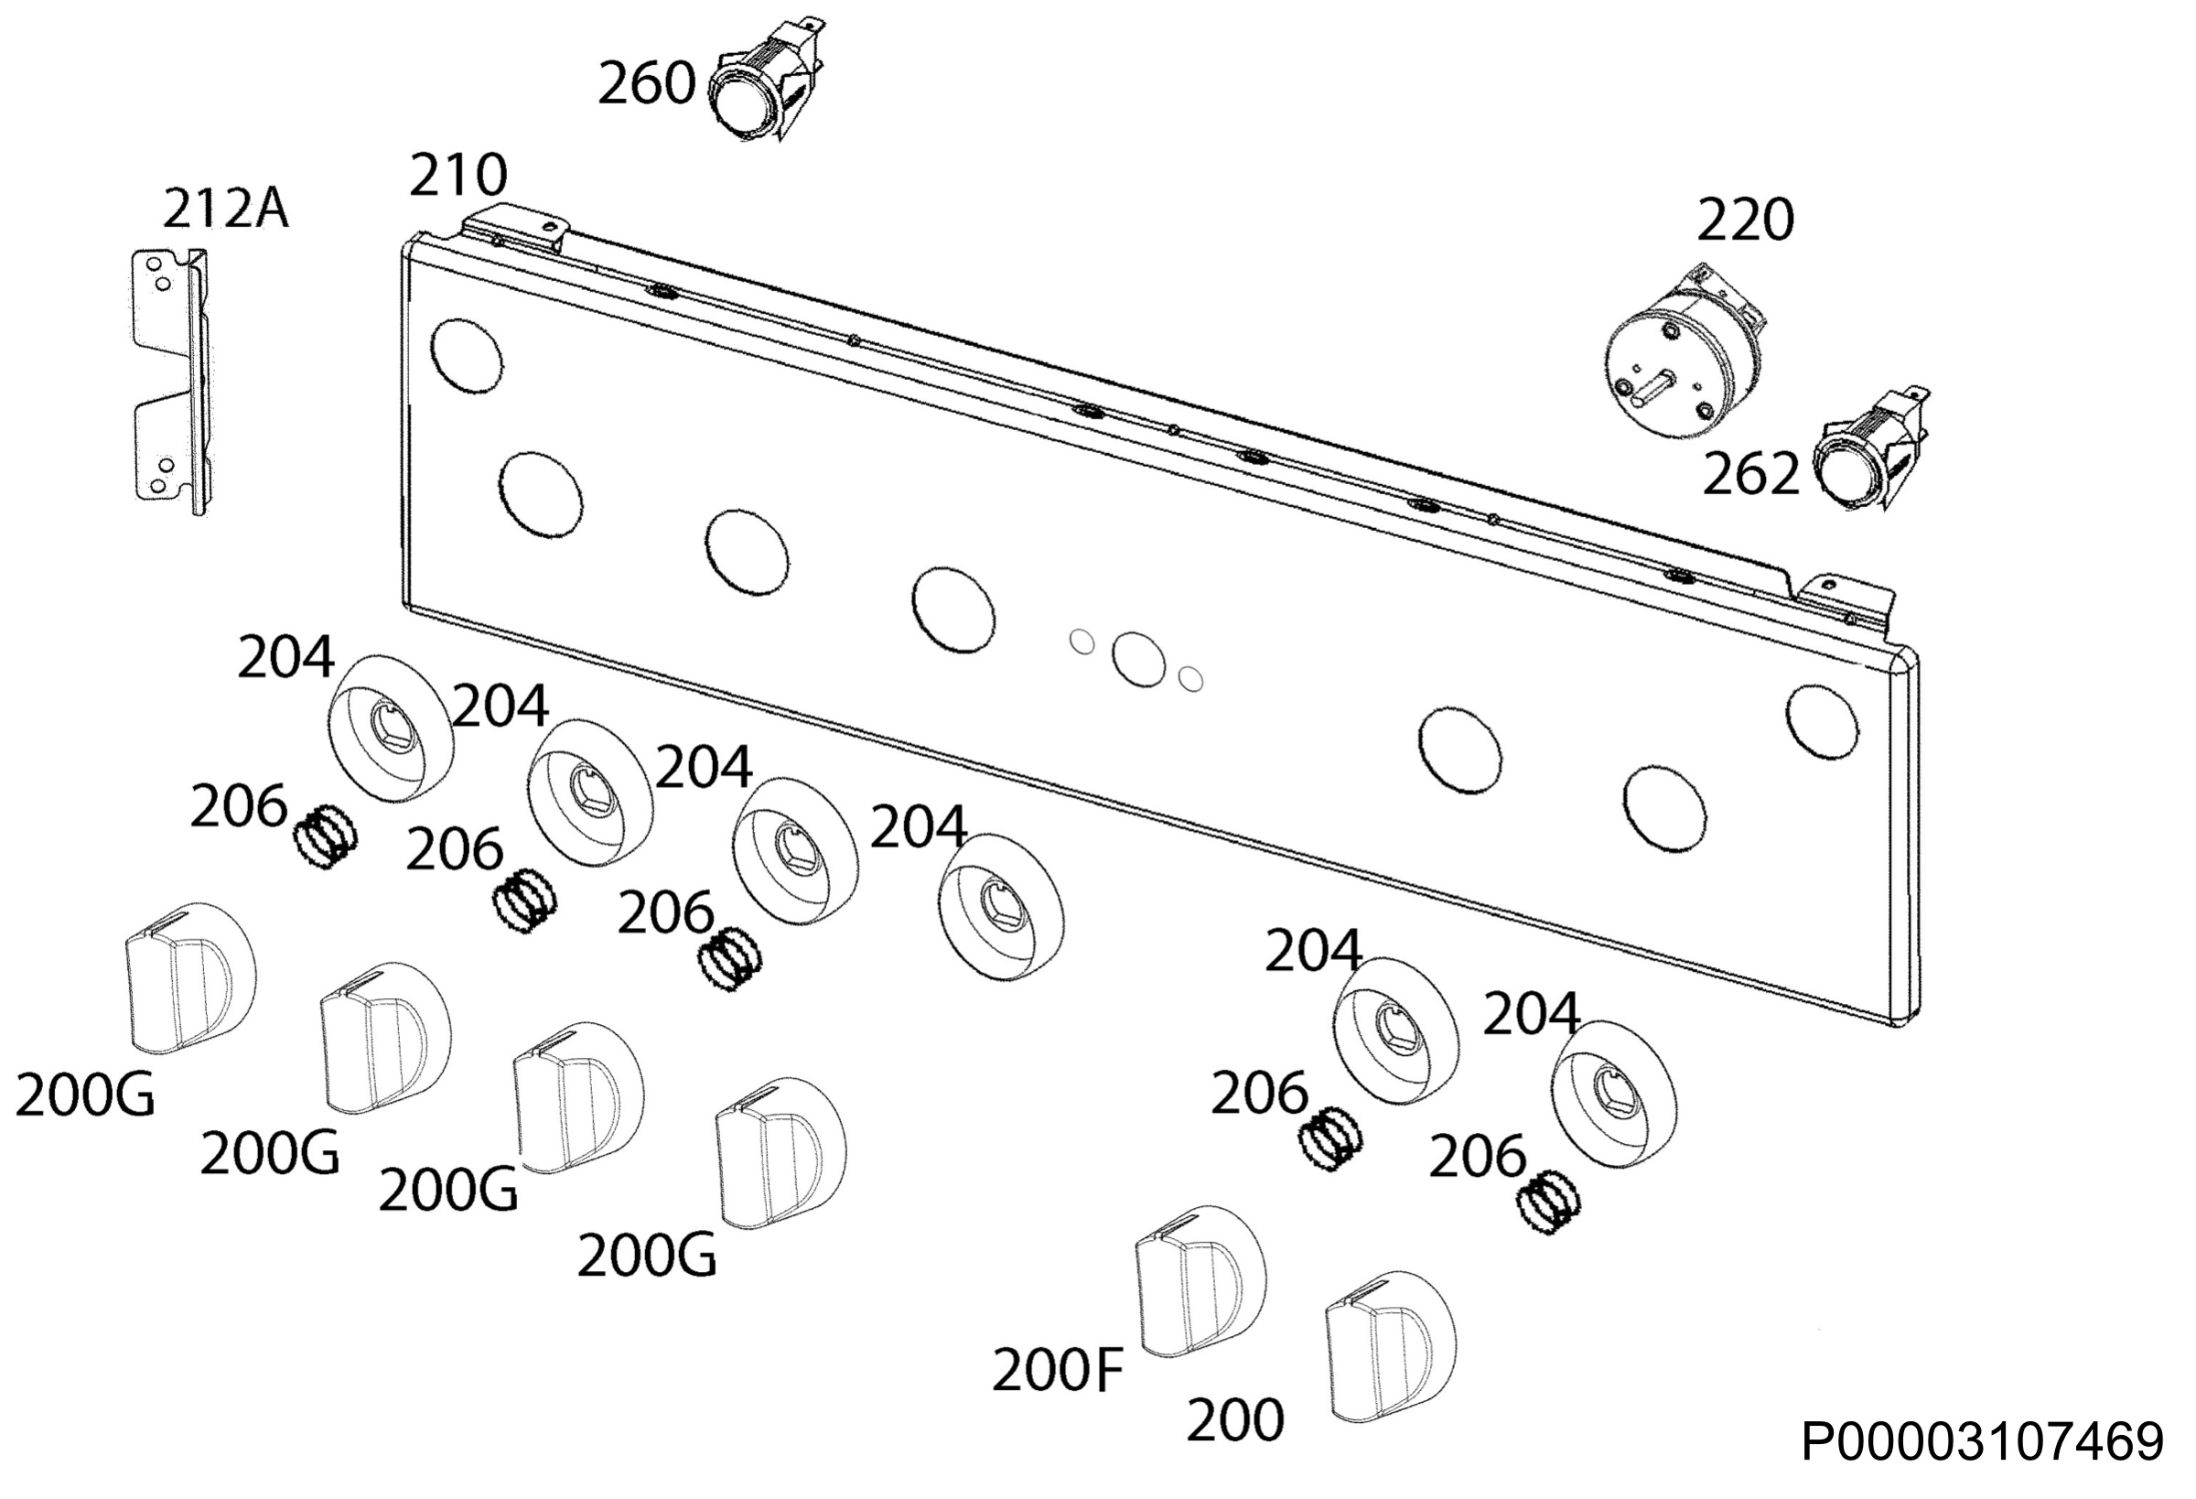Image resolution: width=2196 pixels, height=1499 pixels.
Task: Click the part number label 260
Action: click(x=646, y=84)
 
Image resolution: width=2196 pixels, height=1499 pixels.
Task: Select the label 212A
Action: click(x=226, y=209)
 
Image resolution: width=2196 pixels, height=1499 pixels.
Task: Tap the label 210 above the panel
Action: click(x=458, y=176)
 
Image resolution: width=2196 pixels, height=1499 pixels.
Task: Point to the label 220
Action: click(x=1745, y=221)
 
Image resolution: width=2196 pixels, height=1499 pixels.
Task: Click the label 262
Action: click(x=1751, y=473)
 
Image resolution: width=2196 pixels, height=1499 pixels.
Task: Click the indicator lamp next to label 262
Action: click(x=1869, y=451)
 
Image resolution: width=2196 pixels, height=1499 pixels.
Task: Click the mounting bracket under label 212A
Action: click(x=170, y=382)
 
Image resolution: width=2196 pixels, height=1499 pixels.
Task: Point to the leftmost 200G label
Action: click(x=85, y=1097)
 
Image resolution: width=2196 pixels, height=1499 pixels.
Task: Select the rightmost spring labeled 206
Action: click(x=1548, y=1203)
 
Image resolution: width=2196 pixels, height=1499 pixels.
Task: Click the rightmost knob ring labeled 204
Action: click(x=1614, y=1094)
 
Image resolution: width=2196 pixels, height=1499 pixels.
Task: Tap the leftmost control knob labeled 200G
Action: click(x=191, y=978)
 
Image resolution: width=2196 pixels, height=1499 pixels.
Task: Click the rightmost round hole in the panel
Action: click(x=1822, y=722)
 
